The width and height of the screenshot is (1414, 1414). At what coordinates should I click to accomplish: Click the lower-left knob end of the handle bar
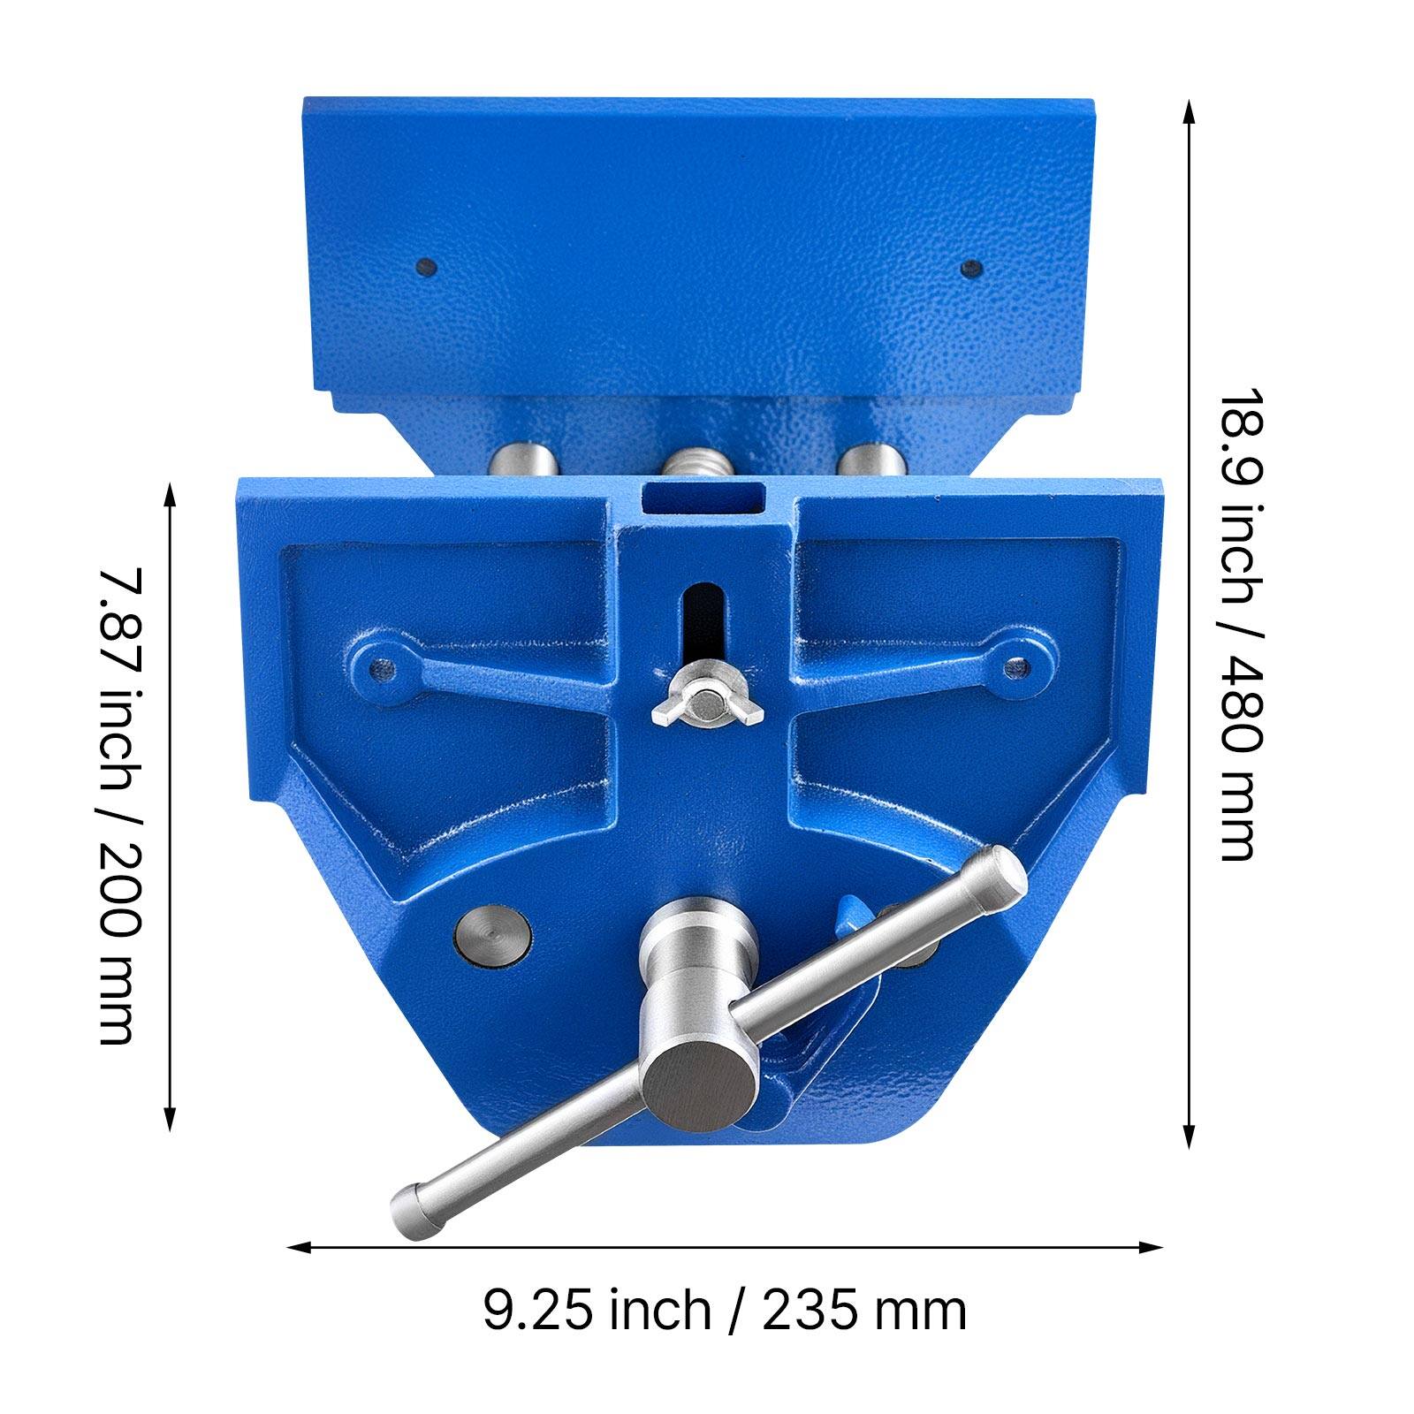tap(415, 1206)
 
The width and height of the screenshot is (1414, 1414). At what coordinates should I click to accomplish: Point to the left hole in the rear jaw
tap(426, 266)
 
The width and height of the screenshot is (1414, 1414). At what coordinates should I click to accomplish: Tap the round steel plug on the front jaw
tap(492, 933)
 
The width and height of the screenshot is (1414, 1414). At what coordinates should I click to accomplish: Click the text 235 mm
tap(864, 1310)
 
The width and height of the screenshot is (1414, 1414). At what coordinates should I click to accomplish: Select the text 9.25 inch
tap(597, 1310)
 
